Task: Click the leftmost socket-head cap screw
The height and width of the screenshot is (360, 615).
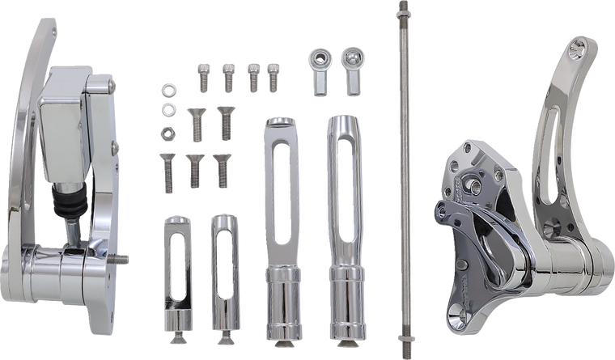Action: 203,77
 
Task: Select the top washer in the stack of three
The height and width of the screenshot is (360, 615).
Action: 168,88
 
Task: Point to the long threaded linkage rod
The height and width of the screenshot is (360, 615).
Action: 400,162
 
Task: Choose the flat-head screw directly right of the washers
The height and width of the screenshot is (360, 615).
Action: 196,121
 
